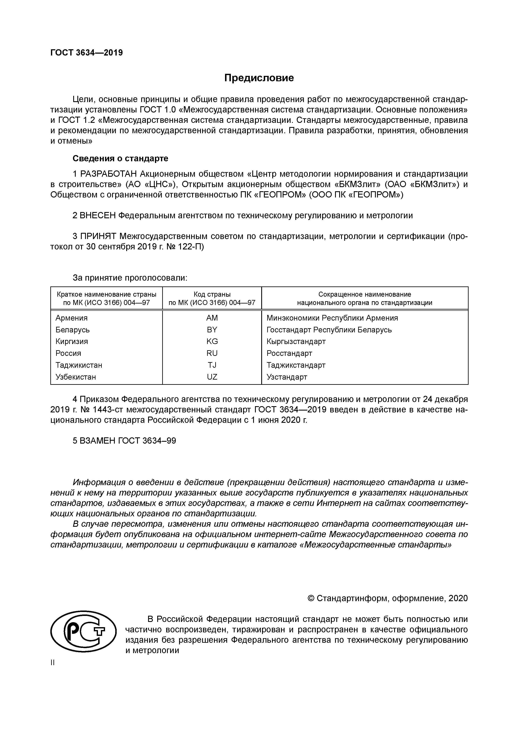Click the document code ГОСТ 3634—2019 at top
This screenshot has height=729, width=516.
[87, 53]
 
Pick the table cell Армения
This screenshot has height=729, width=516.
[72, 318]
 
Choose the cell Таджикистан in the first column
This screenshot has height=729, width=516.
[79, 365]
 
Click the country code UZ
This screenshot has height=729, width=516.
[212, 377]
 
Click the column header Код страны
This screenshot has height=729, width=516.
[212, 294]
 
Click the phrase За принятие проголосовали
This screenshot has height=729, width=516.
[130, 278]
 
